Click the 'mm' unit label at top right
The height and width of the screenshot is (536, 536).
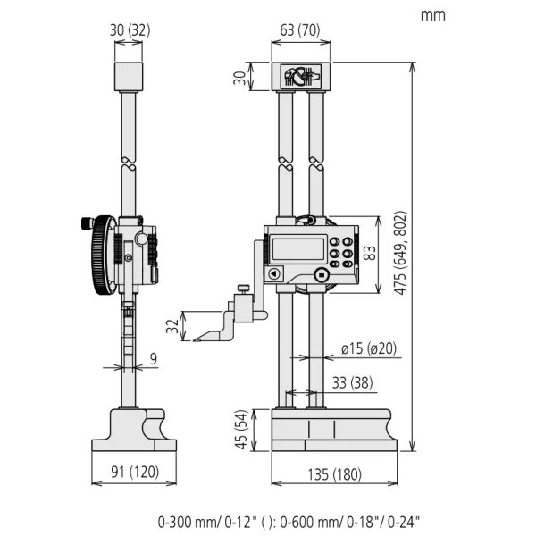(432, 16)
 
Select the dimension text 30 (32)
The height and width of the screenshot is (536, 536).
(130, 30)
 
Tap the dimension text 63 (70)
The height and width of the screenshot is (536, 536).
(300, 30)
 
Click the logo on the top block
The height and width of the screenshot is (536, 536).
(301, 76)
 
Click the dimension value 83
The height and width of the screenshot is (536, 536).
(370, 254)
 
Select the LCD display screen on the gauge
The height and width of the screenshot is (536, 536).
(298, 249)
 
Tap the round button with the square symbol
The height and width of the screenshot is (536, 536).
(321, 274)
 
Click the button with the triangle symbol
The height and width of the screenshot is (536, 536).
(274, 274)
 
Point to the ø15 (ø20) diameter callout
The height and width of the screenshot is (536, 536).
(369, 348)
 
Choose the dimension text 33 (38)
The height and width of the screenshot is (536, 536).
(353, 383)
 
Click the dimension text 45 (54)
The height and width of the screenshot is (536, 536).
(241, 430)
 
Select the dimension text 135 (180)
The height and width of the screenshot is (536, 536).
(335, 474)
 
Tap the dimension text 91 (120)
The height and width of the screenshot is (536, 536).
(135, 472)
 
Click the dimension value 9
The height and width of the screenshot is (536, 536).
(154, 359)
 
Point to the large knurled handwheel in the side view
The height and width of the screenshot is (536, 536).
(102, 255)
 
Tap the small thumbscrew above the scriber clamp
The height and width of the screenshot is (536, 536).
(244, 289)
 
